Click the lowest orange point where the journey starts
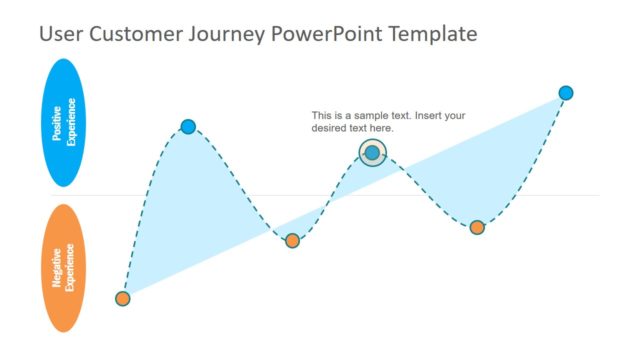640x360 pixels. (x=123, y=298)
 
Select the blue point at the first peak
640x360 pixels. (x=188, y=126)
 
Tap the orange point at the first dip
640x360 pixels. (x=292, y=240)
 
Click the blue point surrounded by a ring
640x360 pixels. (x=372, y=153)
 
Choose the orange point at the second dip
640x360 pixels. (x=477, y=227)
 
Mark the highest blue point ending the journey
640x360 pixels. (x=566, y=93)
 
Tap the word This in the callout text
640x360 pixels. (x=322, y=115)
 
